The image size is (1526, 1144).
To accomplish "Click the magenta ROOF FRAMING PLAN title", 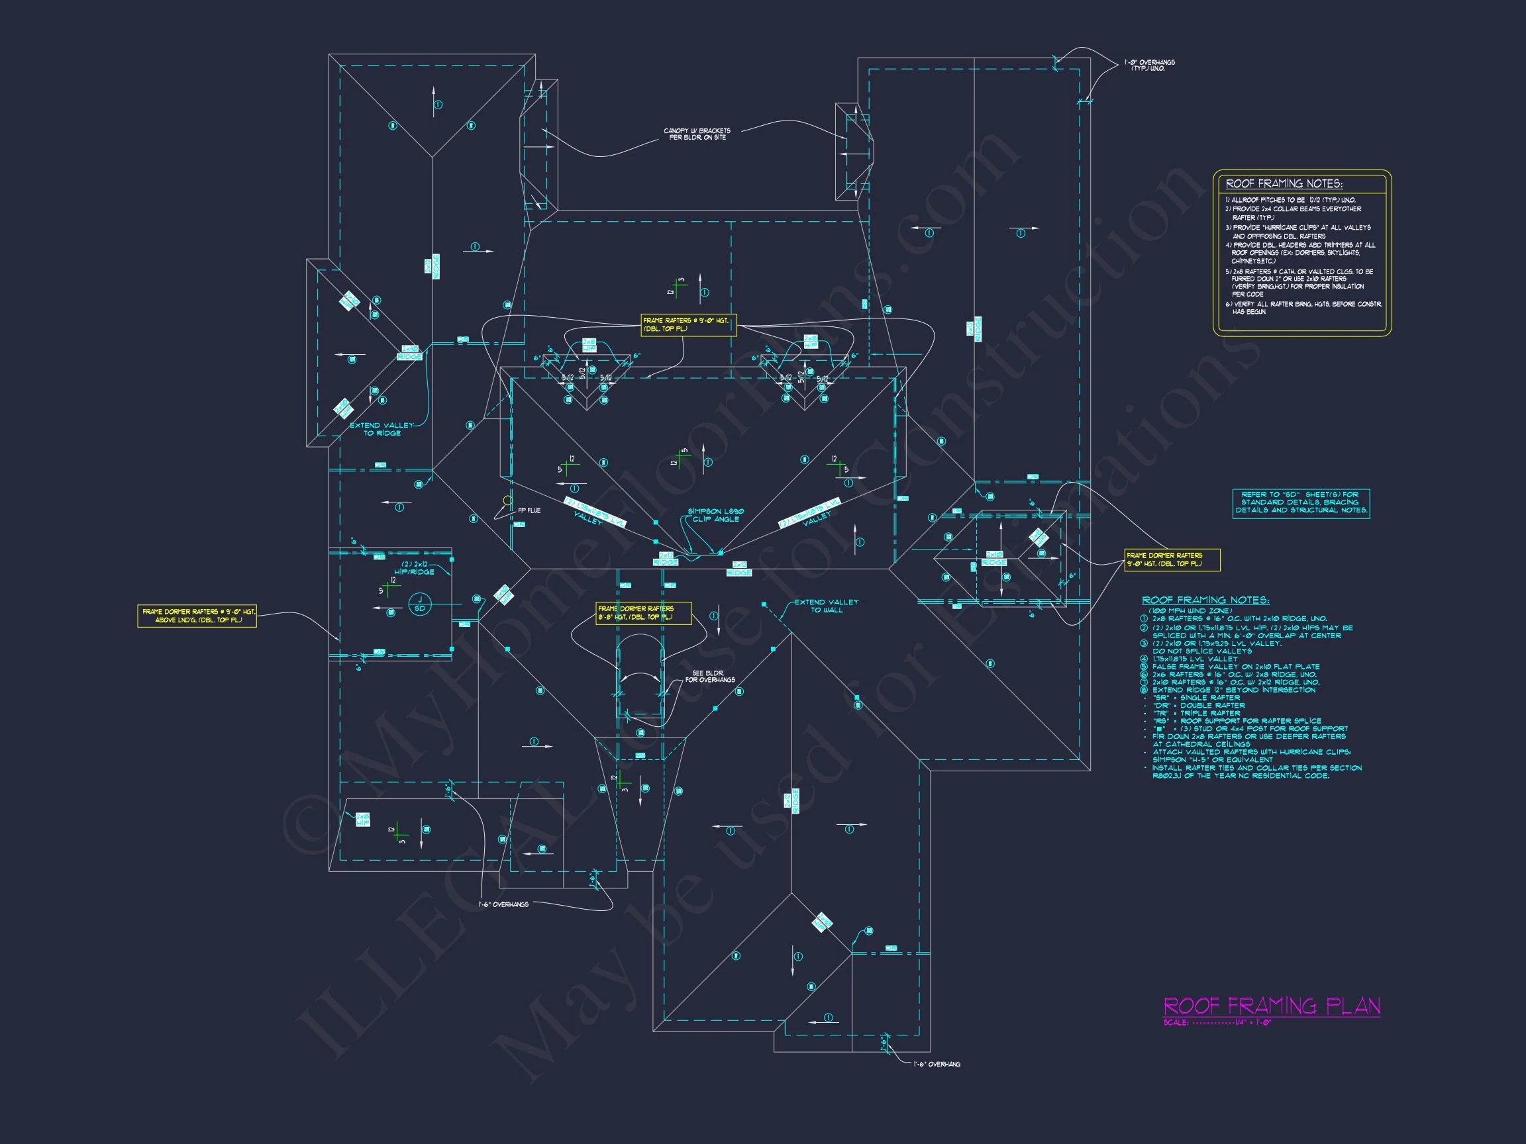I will pos(1272,1006).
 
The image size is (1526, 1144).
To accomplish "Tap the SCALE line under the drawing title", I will pos(1217,1023).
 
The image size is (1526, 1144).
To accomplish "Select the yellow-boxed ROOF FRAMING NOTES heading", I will pos(1283,184).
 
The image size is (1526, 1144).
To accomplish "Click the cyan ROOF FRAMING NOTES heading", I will pos(1205,600).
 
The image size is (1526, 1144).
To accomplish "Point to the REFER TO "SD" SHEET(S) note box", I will pos(1300,502).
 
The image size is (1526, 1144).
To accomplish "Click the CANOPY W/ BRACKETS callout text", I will pos(697,134).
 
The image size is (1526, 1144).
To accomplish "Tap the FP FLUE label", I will pos(529,510).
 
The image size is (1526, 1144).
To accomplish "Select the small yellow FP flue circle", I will pos(508,500).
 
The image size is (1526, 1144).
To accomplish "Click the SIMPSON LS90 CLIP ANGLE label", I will pos(715,515).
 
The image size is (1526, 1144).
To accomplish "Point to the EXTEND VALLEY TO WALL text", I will pos(826,606).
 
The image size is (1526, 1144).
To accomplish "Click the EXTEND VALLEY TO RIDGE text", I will pos(381,429).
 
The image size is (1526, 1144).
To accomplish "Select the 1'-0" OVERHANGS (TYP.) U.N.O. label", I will pos(1149,66).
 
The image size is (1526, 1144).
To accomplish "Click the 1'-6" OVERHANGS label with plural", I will pos(503,904).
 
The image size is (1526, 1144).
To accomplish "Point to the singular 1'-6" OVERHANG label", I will pos(936,1064).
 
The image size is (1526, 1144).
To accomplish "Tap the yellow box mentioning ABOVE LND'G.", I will pos(197,616).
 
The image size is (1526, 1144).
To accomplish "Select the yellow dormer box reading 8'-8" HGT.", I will pos(643,613).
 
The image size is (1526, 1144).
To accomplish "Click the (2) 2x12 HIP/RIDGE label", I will pos(414,567).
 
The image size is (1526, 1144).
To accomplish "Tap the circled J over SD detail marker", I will pos(419,604).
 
